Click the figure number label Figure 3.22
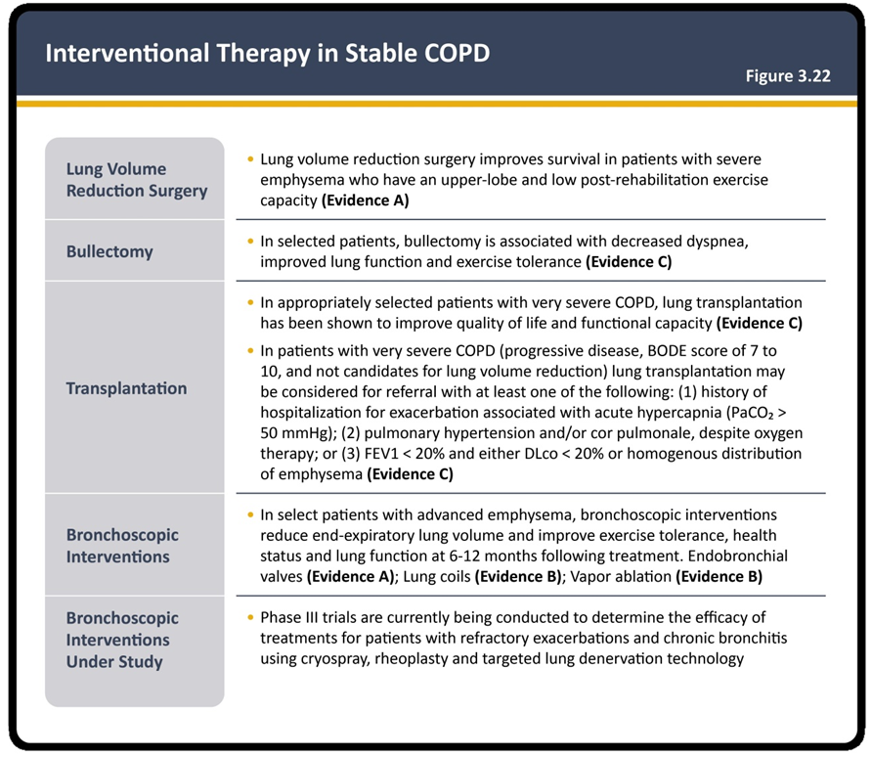click(788, 75)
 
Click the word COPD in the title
click(457, 53)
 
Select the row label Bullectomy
click(109, 251)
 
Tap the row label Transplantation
click(126, 387)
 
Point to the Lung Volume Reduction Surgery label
click(137, 180)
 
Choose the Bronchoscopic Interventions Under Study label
click(122, 640)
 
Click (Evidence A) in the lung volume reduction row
click(366, 200)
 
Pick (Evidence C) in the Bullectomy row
click(629, 261)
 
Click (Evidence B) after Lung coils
click(518, 576)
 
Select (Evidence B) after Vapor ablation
click(719, 576)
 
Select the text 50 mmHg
click(292, 432)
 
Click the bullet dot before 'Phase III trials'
click(250, 617)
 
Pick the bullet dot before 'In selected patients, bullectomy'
click(250, 242)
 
